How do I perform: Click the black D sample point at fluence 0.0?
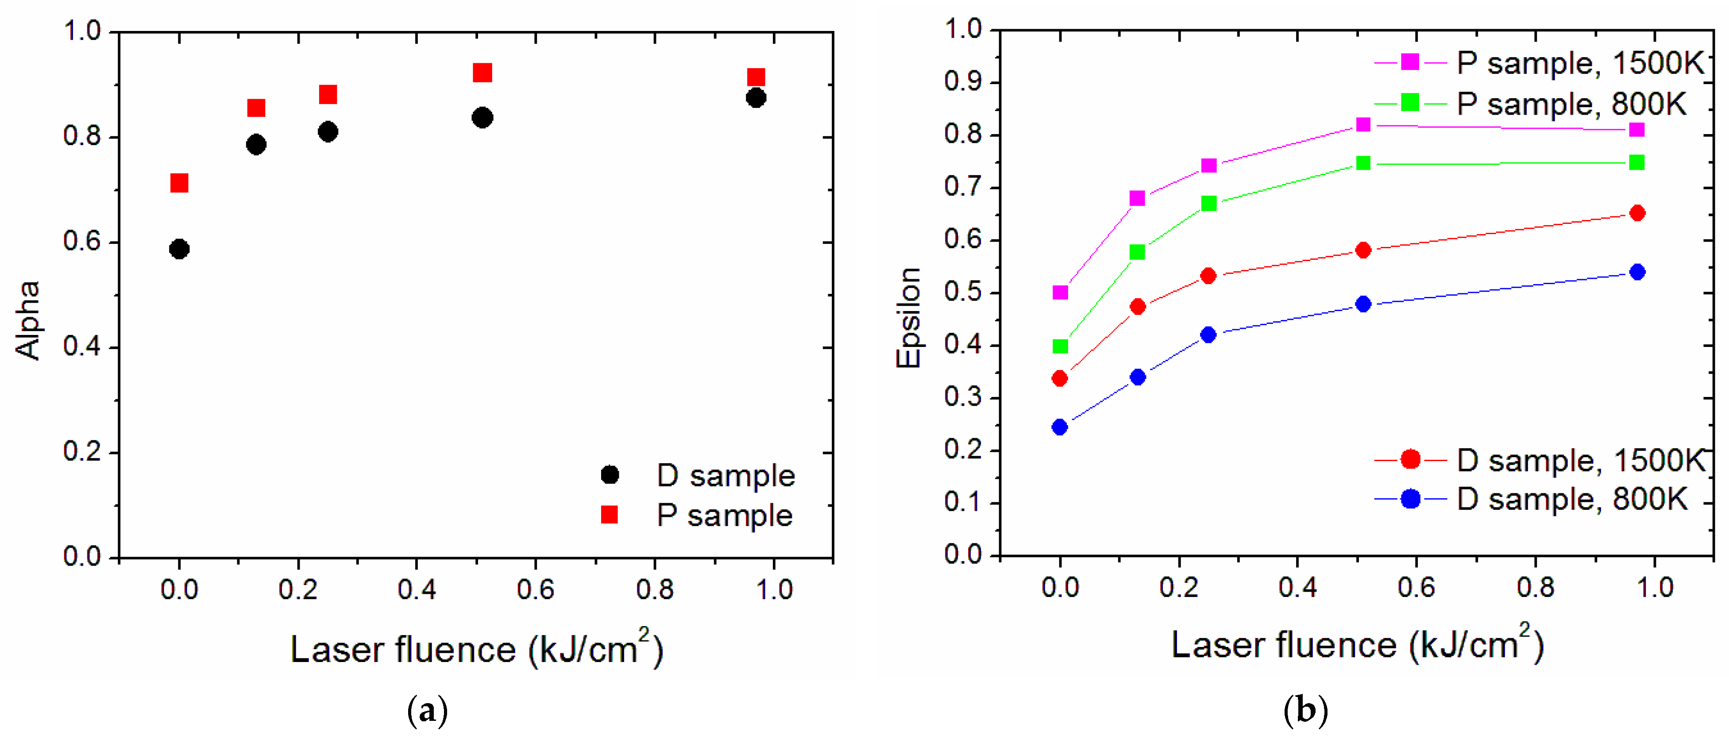click(x=179, y=249)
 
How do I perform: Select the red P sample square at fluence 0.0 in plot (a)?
click(x=179, y=183)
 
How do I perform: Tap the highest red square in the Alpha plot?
click(x=482, y=73)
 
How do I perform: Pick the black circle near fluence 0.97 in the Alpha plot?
click(x=755, y=98)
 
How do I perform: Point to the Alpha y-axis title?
click(x=27, y=320)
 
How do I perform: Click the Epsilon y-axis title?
click(x=907, y=317)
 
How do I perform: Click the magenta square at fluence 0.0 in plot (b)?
click(x=1060, y=292)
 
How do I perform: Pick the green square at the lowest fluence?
click(x=1060, y=346)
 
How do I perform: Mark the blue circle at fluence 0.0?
click(x=1060, y=427)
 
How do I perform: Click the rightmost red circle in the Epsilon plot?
click(x=1637, y=213)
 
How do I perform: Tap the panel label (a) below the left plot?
click(x=428, y=710)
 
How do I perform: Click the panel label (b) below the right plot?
click(x=1305, y=710)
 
